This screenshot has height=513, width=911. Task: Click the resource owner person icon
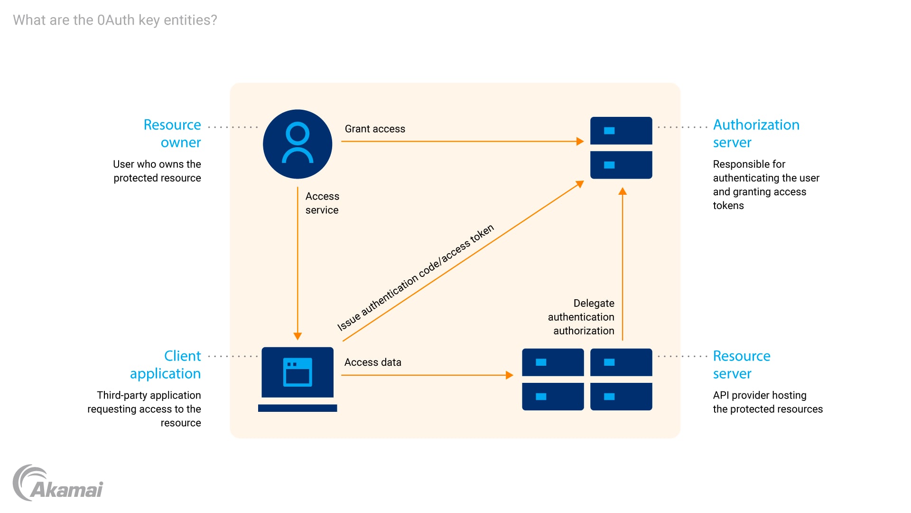pos(297,144)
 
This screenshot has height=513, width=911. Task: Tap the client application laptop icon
pos(297,379)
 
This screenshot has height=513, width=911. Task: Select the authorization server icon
pos(621,148)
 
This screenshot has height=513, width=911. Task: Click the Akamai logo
pos(58,484)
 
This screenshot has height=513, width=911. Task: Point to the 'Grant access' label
pos(375,129)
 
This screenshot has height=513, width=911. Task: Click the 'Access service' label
pos(322,203)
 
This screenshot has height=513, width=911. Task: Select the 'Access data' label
pos(373,362)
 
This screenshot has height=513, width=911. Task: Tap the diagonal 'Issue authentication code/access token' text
pos(416,277)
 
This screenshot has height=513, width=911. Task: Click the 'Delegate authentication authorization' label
pos(581,317)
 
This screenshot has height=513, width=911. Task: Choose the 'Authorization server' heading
pos(756,133)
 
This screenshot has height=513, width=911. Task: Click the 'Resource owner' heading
pos(173,133)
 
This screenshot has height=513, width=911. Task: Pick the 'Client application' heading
pos(166,365)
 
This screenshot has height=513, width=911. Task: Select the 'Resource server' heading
pos(741,365)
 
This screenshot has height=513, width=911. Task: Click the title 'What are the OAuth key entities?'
pos(115,20)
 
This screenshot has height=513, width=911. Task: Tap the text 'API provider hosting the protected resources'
pos(767,402)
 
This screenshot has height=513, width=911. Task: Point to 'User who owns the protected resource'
pos(157,171)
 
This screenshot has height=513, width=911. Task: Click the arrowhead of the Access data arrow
pos(510,375)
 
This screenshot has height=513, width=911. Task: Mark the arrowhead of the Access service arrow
pos(297,336)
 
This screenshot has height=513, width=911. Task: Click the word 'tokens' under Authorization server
pos(728,206)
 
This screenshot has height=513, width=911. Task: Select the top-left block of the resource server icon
pos(553,362)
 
